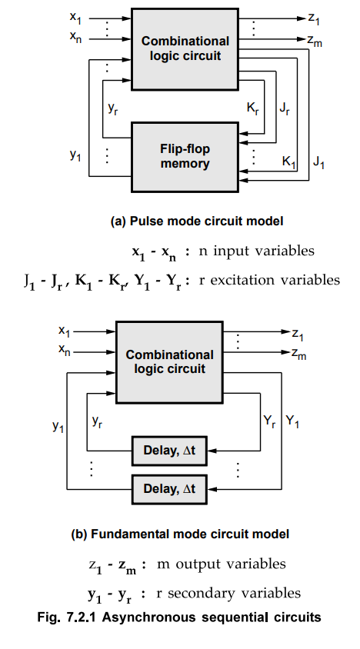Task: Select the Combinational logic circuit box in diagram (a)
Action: pos(185,48)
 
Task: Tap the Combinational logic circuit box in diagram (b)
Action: pos(169,361)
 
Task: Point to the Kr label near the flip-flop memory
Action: pos(252,109)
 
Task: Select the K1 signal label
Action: pos(288,161)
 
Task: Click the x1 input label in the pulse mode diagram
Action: pos(75,17)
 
